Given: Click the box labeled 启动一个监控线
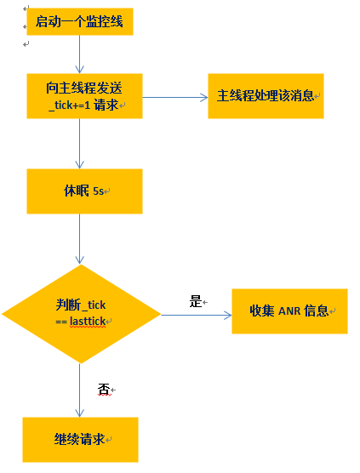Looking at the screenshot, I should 79,22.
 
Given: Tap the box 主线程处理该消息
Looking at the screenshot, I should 266,95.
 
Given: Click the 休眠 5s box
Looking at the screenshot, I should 83,191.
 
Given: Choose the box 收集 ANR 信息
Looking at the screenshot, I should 289,311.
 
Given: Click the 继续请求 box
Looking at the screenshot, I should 80,439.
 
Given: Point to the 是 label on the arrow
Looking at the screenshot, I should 195,300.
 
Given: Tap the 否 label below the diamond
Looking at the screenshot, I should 104,389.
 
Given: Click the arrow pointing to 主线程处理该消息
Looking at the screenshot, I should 174,96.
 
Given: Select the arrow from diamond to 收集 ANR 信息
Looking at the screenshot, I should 196,315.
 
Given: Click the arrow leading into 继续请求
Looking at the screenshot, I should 79,390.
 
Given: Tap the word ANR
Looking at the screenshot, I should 289,311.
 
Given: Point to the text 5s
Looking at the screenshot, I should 98,191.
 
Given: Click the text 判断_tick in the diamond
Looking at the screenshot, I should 81,305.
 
